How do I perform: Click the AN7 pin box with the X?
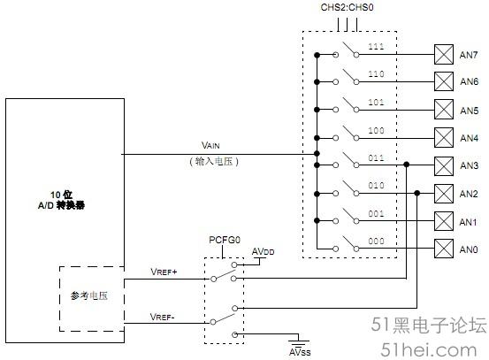pyautogui.click(x=444, y=55)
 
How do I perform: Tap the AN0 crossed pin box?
pyautogui.click(x=444, y=249)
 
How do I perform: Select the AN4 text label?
pyautogui.click(x=469, y=138)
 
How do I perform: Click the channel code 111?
pyautogui.click(x=376, y=47)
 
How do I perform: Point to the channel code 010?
pyautogui.click(x=376, y=185)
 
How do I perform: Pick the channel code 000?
pyautogui.click(x=376, y=241)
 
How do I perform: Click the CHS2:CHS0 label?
pyautogui.click(x=348, y=7)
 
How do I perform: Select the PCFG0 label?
pyautogui.click(x=225, y=240)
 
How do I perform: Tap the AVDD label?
pyautogui.click(x=263, y=251)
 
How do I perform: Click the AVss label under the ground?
pyautogui.click(x=300, y=352)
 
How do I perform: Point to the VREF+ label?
pyautogui.click(x=164, y=272)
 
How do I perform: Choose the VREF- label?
pyautogui.click(x=163, y=317)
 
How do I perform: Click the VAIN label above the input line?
pyautogui.click(x=210, y=145)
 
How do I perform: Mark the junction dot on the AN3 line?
pyautogui.click(x=407, y=165)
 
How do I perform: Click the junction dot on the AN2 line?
pyautogui.click(x=417, y=193)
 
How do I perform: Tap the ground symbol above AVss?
pyautogui.click(x=299, y=341)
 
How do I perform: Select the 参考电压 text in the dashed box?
pyautogui.click(x=89, y=295)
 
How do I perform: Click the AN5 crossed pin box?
pyautogui.click(x=444, y=110)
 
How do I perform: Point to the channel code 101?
pyautogui.click(x=376, y=102)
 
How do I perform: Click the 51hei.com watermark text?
pyautogui.click(x=429, y=350)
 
